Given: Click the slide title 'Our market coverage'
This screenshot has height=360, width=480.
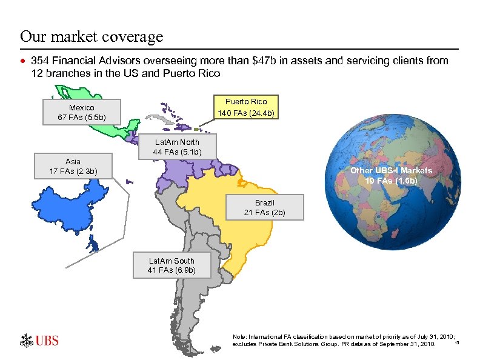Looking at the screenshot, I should tap(92, 36).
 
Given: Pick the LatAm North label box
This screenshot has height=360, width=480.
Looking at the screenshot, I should tap(177, 147).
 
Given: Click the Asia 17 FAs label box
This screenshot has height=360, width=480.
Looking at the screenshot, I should tap(73, 167).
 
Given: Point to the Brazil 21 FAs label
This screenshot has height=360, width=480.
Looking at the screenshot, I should tap(264, 207).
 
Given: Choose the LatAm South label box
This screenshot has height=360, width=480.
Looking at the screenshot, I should tap(172, 265).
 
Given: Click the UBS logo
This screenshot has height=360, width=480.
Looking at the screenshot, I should tap(39, 340).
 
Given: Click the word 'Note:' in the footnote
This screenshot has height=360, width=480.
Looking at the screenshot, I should tap(240, 336).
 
